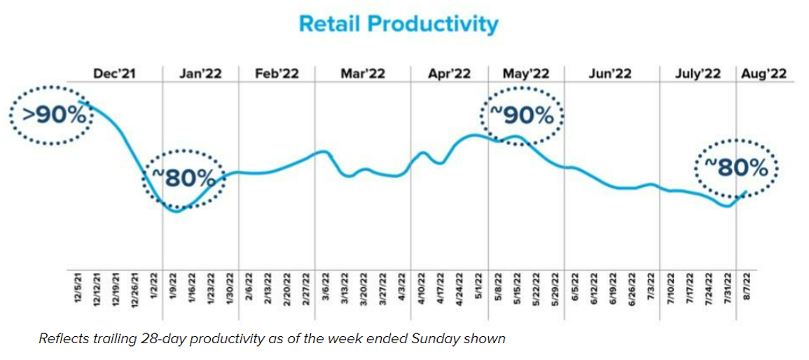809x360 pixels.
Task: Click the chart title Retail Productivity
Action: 398,24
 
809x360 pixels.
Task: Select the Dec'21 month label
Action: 113,74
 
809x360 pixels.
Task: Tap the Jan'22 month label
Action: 200,74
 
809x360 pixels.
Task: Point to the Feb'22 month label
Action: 277,74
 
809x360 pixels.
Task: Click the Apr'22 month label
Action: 449,74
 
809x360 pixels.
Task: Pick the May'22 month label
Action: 526,74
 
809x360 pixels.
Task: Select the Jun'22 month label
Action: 611,74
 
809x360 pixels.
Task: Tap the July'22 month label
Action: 698,74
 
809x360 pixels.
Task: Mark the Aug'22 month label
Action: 763,74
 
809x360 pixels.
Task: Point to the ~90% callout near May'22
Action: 524,115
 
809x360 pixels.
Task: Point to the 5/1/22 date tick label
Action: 479,287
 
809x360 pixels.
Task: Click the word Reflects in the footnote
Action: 62,339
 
